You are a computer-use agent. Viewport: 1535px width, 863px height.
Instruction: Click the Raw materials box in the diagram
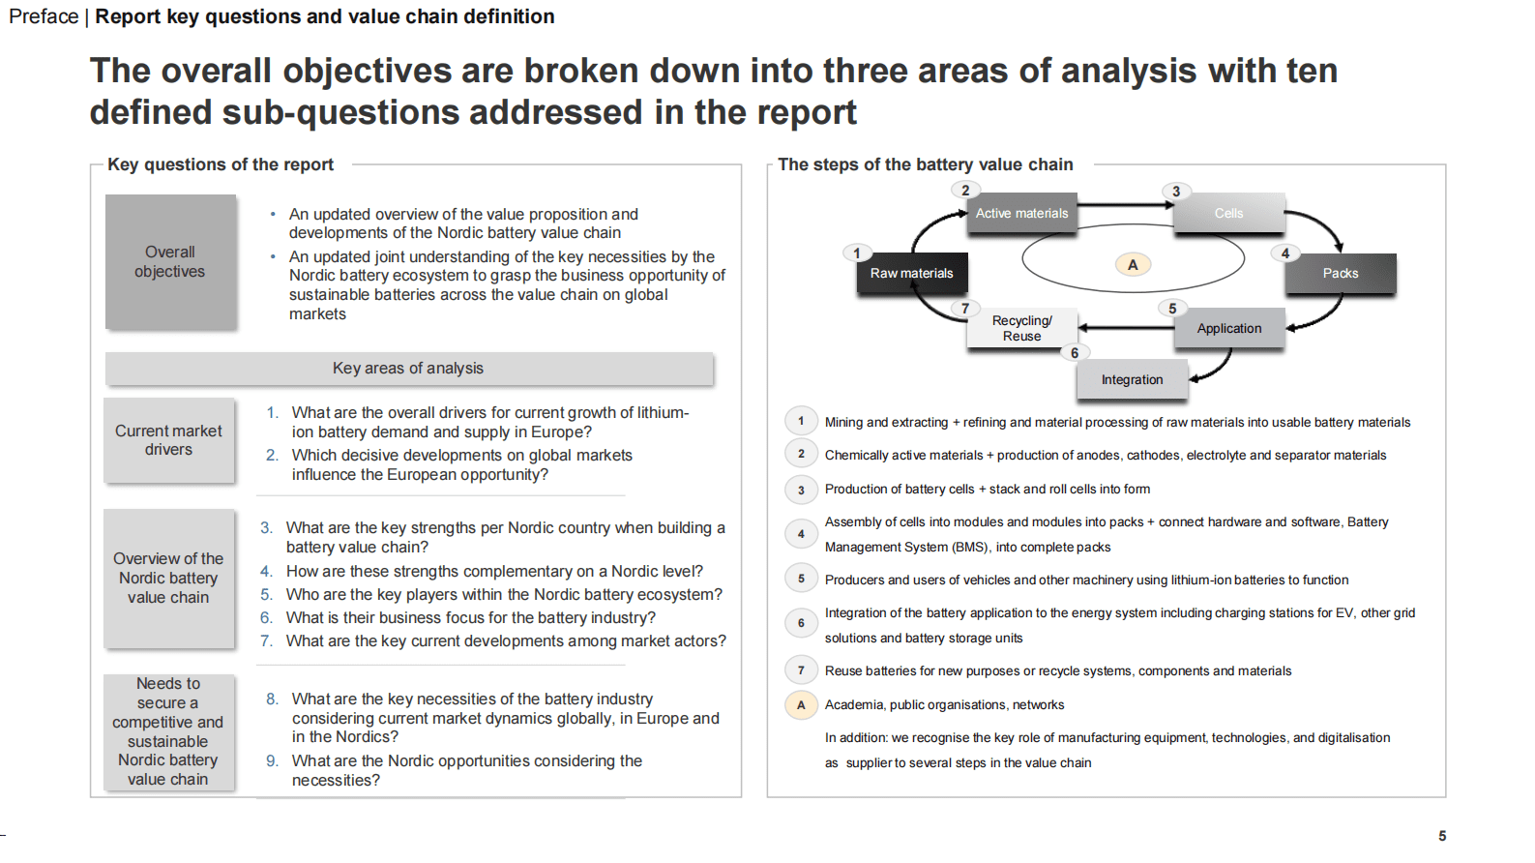click(x=911, y=273)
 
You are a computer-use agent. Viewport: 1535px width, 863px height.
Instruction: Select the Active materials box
click(x=1021, y=214)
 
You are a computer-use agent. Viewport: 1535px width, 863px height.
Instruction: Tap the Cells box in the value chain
click(x=1228, y=214)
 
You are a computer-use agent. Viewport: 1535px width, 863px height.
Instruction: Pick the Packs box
click(x=1340, y=273)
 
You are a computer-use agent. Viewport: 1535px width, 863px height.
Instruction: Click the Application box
click(x=1228, y=328)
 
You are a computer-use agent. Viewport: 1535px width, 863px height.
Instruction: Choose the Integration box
click(x=1132, y=379)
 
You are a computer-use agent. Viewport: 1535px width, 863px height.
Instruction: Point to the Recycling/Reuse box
click(x=1021, y=328)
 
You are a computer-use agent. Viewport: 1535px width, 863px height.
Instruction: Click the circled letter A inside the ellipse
click(x=1133, y=264)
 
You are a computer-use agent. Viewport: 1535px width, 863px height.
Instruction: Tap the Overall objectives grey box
click(x=170, y=261)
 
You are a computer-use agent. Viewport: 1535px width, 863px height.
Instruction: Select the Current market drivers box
click(x=168, y=440)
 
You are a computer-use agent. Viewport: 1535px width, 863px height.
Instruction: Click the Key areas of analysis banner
click(x=408, y=368)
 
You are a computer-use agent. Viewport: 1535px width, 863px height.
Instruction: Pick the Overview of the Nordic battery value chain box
click(x=168, y=578)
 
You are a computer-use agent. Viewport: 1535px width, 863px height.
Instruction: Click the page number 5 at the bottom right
click(x=1442, y=836)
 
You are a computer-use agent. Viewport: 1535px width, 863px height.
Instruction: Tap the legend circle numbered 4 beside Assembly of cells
click(x=801, y=534)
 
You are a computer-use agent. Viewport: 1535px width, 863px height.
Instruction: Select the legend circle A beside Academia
click(x=801, y=705)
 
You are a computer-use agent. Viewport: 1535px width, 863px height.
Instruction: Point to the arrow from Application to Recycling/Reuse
click(x=1126, y=328)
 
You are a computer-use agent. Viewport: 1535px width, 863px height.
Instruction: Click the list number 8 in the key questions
click(x=273, y=699)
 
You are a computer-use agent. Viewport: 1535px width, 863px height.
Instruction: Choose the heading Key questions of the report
click(x=221, y=164)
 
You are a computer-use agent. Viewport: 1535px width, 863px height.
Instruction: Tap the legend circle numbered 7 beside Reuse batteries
click(x=801, y=670)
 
